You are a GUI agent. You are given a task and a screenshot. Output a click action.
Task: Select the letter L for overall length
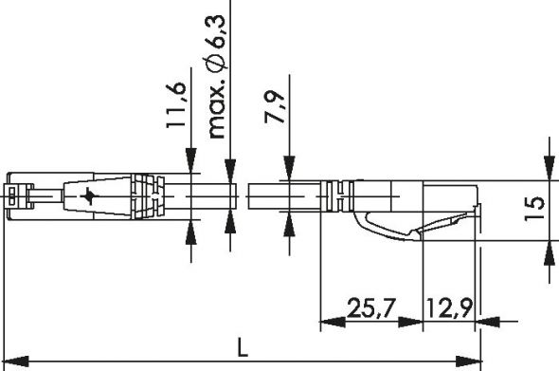pyautogui.click(x=243, y=349)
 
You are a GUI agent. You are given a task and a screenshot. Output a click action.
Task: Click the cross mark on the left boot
pyautogui.click(x=89, y=196)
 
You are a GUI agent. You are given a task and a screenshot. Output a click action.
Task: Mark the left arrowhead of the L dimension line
pyautogui.click(x=11, y=362)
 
